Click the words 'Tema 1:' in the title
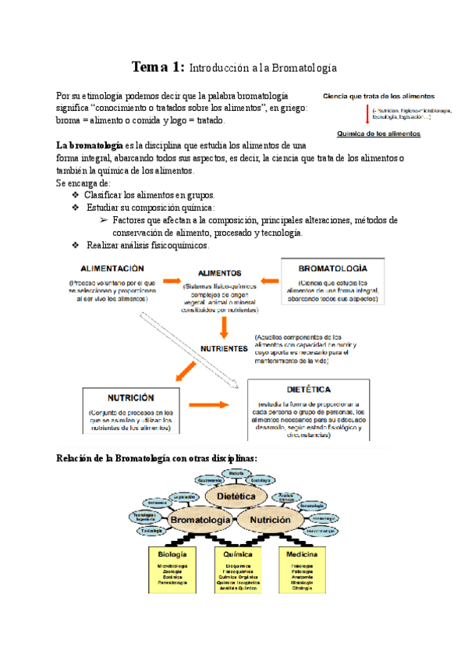(158, 67)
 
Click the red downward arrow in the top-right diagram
(368, 115)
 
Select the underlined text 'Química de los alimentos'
(378, 133)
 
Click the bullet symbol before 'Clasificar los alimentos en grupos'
(75, 194)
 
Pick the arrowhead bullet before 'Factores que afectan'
(103, 221)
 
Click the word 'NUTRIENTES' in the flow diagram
(224, 348)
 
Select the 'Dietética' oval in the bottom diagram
(236, 496)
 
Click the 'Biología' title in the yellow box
(172, 553)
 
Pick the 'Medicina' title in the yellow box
(300, 553)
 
